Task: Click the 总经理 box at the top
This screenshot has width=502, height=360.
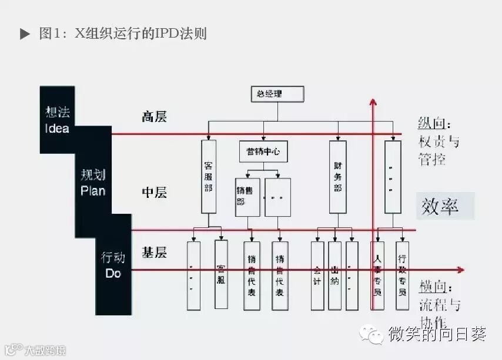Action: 277,94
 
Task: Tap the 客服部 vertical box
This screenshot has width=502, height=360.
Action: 208,176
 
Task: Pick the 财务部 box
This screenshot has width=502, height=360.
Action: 337,176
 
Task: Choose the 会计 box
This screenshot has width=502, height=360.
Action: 317,275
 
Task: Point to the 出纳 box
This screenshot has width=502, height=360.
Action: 334,275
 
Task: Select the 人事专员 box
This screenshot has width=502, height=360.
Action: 377,275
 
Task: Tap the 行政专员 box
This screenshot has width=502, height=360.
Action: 402,275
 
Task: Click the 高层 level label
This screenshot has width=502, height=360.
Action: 154,116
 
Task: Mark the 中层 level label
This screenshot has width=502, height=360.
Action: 154,193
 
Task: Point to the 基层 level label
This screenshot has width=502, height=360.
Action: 154,253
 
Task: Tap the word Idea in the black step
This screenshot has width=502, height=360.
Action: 57,128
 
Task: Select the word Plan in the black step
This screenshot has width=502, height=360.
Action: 93,190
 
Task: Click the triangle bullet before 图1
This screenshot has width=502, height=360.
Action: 25,34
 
